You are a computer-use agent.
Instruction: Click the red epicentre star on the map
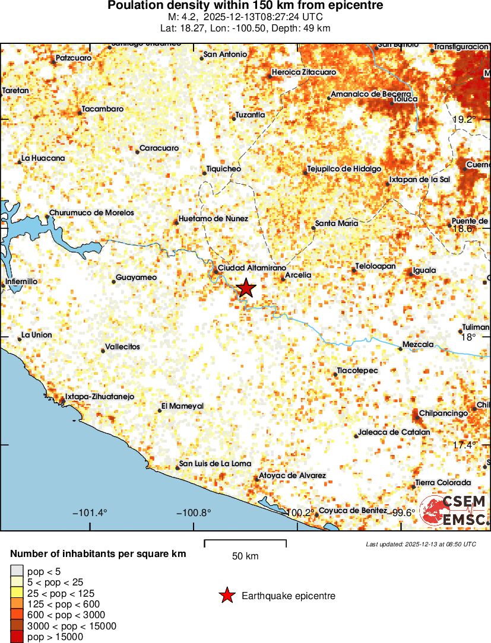tap(246, 288)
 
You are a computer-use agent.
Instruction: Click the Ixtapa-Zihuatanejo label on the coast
tap(100, 397)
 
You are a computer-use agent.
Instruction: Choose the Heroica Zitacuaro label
tap(304, 72)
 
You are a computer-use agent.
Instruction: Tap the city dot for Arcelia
tap(283, 276)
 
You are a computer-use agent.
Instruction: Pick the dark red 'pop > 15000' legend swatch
tap(15, 637)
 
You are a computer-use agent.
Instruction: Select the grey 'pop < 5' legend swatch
tap(15, 571)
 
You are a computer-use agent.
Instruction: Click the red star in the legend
tap(226, 596)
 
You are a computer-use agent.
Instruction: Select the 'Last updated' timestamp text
tap(421, 544)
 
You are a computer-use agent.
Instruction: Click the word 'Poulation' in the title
tap(135, 5)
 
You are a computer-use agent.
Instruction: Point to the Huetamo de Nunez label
tap(213, 218)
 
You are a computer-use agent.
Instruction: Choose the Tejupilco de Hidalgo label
tap(344, 169)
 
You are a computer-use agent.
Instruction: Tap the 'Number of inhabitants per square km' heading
tap(98, 554)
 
